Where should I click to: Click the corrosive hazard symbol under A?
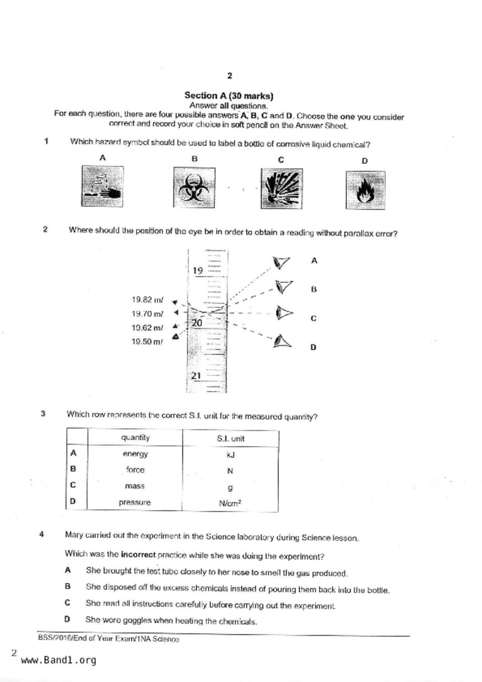[102, 186]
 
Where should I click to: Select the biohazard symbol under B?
[194, 187]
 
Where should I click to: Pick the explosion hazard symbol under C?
[281, 189]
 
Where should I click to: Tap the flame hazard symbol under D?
[365, 190]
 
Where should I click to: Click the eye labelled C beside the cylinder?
[284, 313]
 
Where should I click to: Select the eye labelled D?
[282, 341]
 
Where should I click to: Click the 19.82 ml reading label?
[147, 300]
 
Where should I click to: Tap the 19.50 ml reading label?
[147, 342]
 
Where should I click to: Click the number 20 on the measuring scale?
[197, 323]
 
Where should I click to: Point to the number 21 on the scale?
[196, 376]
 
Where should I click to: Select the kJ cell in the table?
[230, 455]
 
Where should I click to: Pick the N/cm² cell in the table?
[230, 503]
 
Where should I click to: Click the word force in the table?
[135, 470]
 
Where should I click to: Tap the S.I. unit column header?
[230, 439]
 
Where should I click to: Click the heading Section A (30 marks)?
[229, 96]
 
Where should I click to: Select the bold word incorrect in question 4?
[138, 554]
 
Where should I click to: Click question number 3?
[43, 414]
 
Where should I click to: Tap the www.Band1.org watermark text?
[58, 660]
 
